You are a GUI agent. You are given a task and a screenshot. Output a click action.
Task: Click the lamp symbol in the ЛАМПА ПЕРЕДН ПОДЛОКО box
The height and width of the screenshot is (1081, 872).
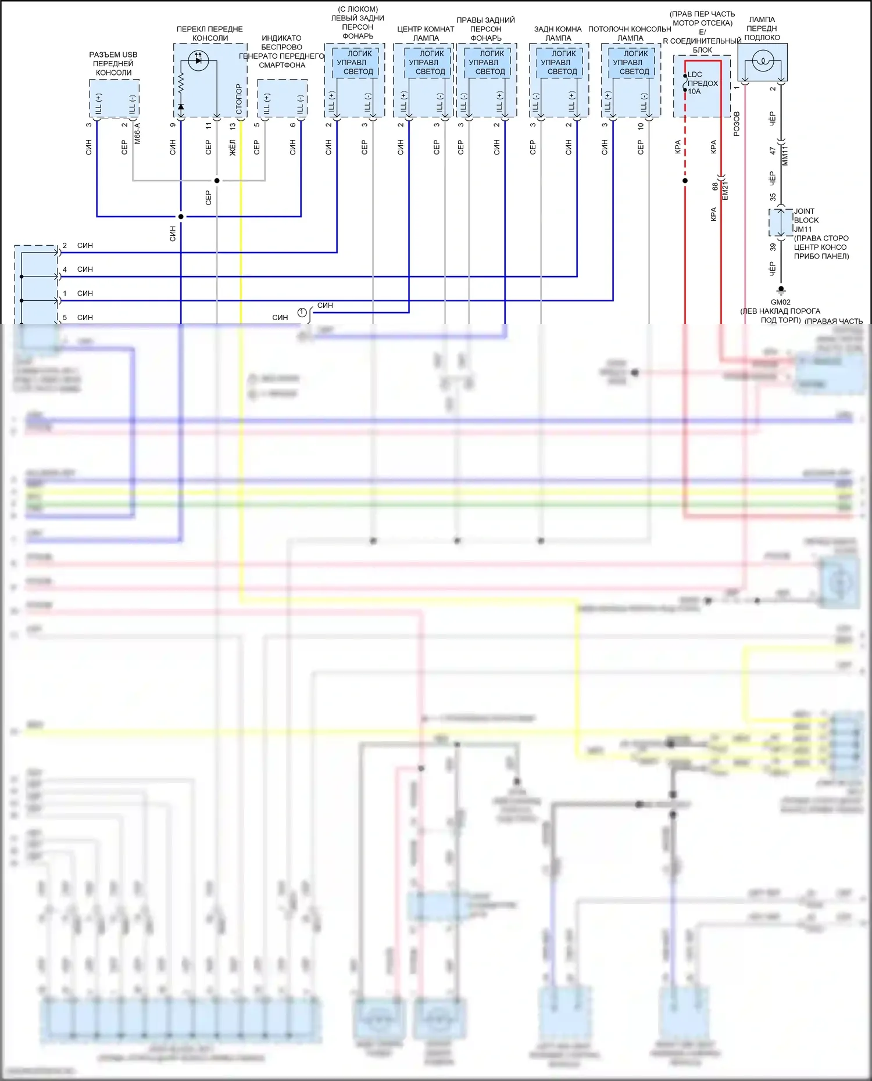pyautogui.click(x=762, y=61)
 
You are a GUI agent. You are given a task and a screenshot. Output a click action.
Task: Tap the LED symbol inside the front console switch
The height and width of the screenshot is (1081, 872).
pyautogui.click(x=198, y=60)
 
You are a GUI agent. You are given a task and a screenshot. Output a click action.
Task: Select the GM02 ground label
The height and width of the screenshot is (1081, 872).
pyautogui.click(x=780, y=302)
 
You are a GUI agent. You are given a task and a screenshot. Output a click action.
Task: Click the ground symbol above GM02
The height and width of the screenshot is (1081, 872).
pyautogui.click(x=781, y=289)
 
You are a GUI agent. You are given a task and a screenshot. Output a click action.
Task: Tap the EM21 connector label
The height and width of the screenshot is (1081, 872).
pyautogui.click(x=725, y=191)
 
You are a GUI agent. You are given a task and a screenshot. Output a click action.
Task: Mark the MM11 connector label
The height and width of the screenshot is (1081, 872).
pyautogui.click(x=785, y=156)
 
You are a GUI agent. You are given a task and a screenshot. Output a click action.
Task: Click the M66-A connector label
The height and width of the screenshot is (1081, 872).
pyautogui.click(x=137, y=133)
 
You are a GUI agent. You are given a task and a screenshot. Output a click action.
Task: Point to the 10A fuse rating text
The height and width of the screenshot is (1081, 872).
pyautogui.click(x=694, y=91)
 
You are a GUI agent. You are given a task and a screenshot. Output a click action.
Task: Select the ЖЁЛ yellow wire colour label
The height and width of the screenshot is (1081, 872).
pyautogui.click(x=233, y=148)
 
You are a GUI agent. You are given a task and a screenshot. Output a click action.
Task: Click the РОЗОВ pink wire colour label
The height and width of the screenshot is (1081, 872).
pyautogui.click(x=737, y=124)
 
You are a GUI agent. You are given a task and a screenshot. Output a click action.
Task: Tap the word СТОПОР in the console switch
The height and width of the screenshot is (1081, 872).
pyautogui.click(x=239, y=99)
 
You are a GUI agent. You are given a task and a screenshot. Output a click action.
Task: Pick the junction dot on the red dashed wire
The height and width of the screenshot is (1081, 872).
pyautogui.click(x=685, y=181)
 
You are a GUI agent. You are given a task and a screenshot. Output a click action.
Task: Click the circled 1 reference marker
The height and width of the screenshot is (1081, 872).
pyautogui.click(x=302, y=313)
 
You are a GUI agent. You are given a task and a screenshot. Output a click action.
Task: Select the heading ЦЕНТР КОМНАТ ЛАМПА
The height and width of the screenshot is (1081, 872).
pyautogui.click(x=426, y=33)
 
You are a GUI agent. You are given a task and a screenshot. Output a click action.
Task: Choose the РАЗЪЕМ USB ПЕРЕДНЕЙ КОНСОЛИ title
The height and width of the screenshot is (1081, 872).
pyautogui.click(x=113, y=63)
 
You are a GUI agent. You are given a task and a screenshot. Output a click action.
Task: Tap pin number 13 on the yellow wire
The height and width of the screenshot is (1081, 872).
pyautogui.click(x=233, y=125)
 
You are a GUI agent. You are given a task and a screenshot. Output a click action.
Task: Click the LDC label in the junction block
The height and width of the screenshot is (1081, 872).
pyautogui.click(x=695, y=74)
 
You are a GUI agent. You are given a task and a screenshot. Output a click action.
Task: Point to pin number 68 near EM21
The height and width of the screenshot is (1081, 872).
pyautogui.click(x=715, y=187)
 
